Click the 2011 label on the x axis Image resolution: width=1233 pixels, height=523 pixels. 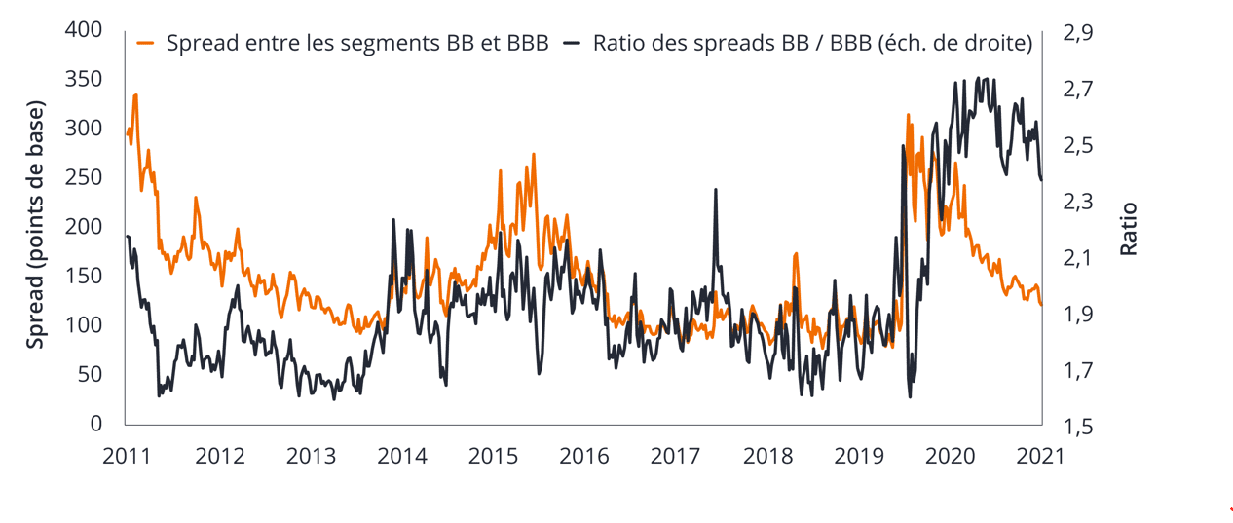[x=127, y=455]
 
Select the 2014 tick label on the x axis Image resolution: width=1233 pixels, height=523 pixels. [x=401, y=455]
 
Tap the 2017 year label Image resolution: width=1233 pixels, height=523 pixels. [x=674, y=455]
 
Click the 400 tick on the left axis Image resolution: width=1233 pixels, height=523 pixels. [x=84, y=30]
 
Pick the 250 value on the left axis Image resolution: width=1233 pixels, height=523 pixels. [x=84, y=177]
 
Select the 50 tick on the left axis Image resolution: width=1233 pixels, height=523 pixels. [x=90, y=374]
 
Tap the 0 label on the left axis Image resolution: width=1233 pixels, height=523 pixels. [x=95, y=424]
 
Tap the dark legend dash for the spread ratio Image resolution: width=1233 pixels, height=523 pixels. [x=574, y=43]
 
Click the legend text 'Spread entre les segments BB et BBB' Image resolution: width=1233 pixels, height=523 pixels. [x=357, y=43]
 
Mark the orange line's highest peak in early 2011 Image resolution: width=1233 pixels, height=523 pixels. [x=135, y=95]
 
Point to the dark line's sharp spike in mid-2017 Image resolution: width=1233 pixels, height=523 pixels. [x=716, y=190]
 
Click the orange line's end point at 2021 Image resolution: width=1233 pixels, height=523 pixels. [x=1041, y=305]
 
